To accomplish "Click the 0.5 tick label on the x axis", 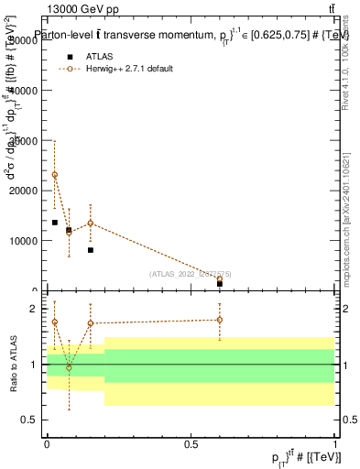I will [x=191, y=443].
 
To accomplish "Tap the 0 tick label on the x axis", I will [x=48, y=443].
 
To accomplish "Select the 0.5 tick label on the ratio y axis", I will [x=30, y=420].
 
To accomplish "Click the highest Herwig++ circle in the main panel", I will [x=55, y=175].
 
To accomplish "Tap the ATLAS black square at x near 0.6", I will [x=220, y=284].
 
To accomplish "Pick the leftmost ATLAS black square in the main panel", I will [x=55, y=223].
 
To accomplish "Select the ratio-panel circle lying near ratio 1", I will [x=69, y=366].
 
